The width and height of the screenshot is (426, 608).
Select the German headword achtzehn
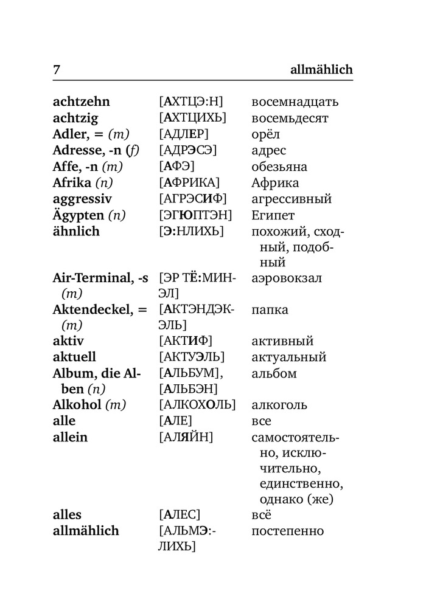tap(82, 102)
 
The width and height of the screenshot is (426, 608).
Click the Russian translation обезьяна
tap(279, 167)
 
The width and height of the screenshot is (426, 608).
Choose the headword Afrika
tap(72, 182)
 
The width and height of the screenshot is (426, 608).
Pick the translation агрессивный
tap(292, 199)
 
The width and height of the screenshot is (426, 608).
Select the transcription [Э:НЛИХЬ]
tap(191, 231)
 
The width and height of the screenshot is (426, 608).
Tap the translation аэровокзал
tap(287, 278)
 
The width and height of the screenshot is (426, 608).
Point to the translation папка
tap(270, 310)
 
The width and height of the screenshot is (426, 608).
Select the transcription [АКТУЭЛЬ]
tap(192, 357)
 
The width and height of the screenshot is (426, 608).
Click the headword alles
tap(67, 515)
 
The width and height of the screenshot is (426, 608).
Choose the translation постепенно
tap(287, 531)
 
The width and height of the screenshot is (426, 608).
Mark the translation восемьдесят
tap(290, 119)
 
